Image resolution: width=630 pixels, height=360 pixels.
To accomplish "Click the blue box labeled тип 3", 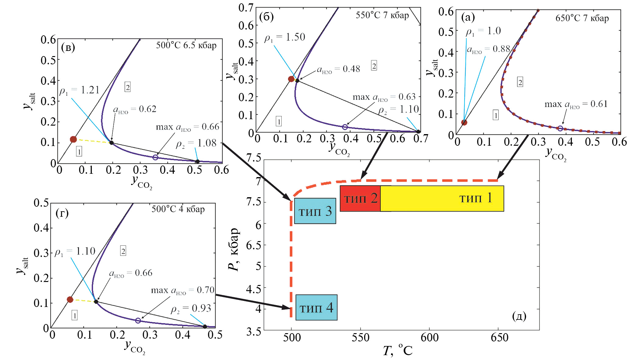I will pos(315,211).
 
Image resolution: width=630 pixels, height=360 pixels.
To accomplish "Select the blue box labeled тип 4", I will pos(316,307).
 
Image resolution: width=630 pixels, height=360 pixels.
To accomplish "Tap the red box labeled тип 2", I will pos(360,198).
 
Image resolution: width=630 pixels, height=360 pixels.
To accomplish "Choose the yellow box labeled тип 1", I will pos(442,198).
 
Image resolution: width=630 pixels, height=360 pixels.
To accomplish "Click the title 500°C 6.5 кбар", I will pos(186,45).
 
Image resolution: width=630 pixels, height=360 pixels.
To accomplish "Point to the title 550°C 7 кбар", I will pos(382,15).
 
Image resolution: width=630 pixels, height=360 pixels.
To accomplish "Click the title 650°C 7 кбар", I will pos(582,18).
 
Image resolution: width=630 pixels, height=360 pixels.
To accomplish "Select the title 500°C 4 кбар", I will pos(178,209).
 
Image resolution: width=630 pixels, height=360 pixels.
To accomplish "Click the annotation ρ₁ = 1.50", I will pos(285,37).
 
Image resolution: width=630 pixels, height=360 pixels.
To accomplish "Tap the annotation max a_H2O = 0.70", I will pos(183,290).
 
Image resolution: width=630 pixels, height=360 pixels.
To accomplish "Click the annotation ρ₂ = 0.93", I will pos(191,309).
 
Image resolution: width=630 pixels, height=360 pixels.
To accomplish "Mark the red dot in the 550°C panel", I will pos(291,79).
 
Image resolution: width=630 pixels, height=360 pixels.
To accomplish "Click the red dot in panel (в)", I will pos(73,139).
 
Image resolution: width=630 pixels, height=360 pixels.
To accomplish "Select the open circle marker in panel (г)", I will pos(138,320).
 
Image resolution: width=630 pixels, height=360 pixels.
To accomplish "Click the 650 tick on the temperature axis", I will pos(499,337).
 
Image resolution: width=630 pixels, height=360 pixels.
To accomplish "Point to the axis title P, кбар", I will pos(234,249).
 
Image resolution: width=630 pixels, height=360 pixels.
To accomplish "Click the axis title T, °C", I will pos(398,351).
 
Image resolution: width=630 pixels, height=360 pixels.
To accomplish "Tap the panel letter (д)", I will pos(519,316).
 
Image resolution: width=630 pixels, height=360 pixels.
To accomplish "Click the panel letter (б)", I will pos(266,17).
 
